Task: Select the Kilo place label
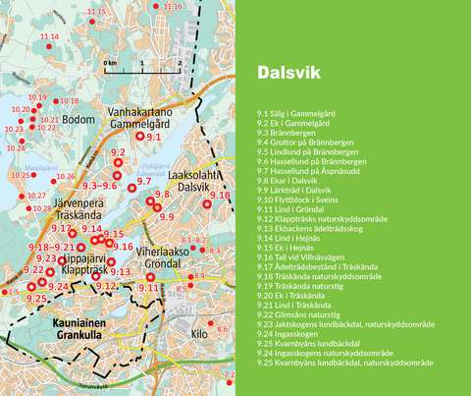click(x=201, y=334)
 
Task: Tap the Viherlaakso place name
click(x=162, y=251)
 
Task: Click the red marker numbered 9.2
click(x=120, y=165)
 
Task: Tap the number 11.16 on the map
click(x=171, y=7)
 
